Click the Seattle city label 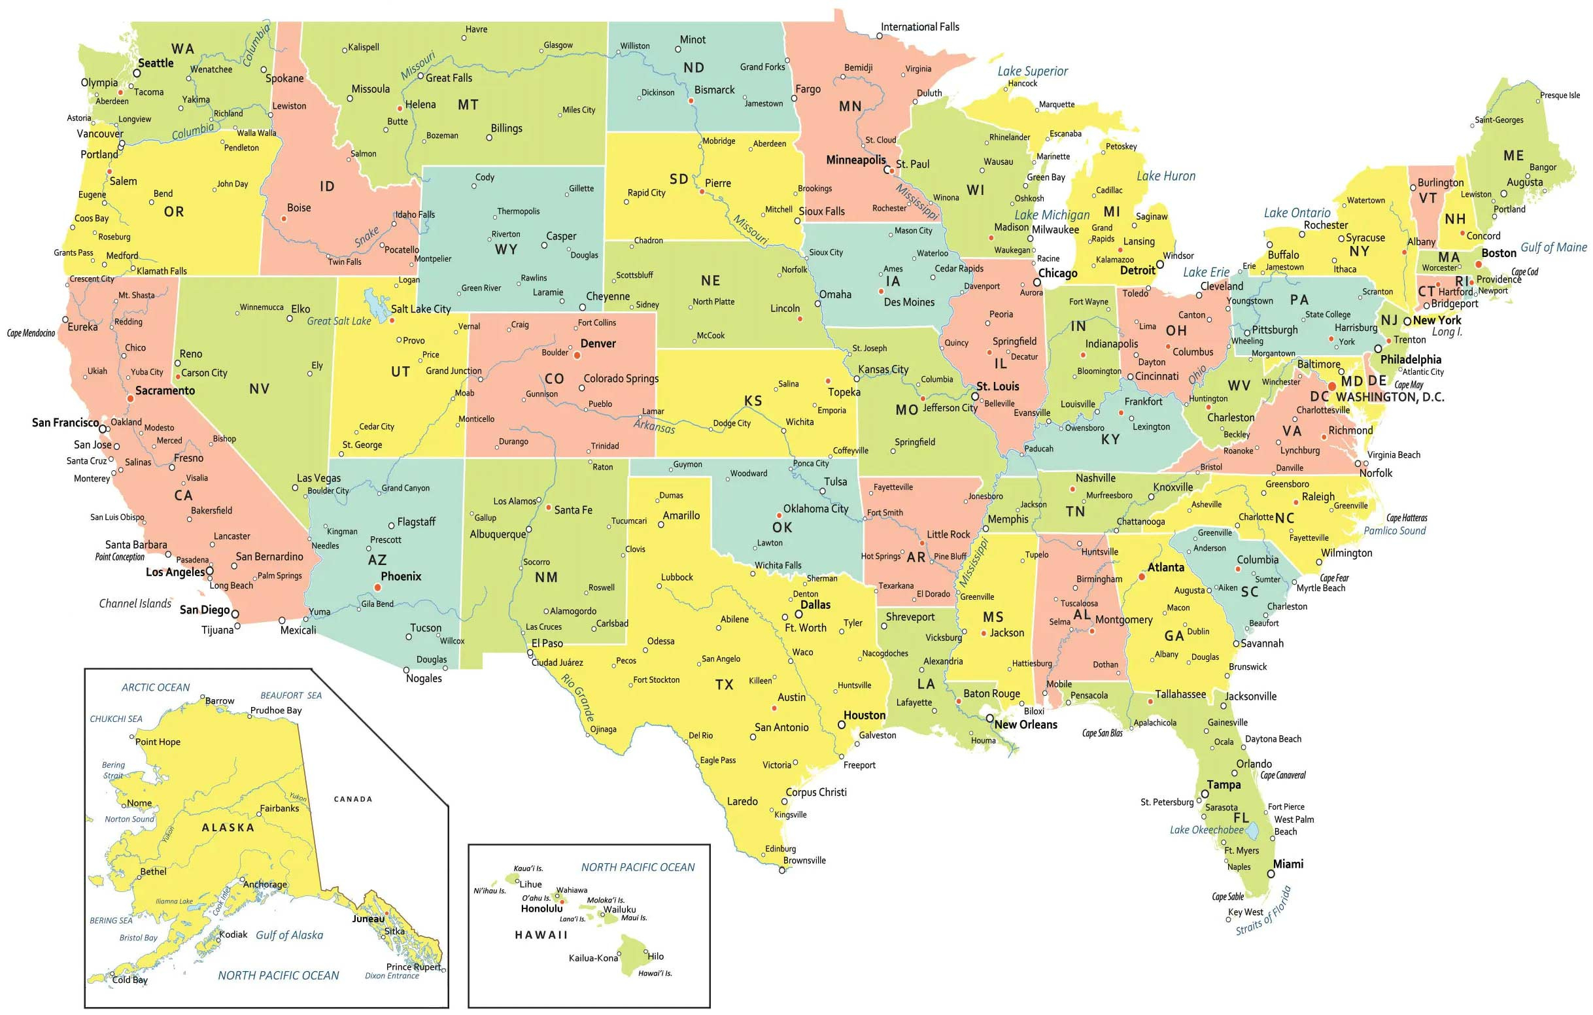pos(156,63)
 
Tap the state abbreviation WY pos(506,250)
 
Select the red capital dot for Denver pos(577,355)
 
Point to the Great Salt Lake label pos(339,322)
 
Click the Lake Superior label pos(1032,71)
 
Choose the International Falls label pos(919,27)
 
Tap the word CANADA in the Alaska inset pos(352,799)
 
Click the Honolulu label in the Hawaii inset pos(541,908)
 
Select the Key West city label pos(1245,912)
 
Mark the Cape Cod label pos(1525,272)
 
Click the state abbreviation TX pos(725,685)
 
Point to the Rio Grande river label pos(577,697)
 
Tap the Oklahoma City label pos(815,509)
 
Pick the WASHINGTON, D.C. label pos(1389,397)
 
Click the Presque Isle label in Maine pos(1559,95)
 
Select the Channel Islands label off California pos(135,604)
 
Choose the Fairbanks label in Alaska pos(279,808)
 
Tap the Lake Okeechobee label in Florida pos(1207,830)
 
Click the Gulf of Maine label pos(1553,247)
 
